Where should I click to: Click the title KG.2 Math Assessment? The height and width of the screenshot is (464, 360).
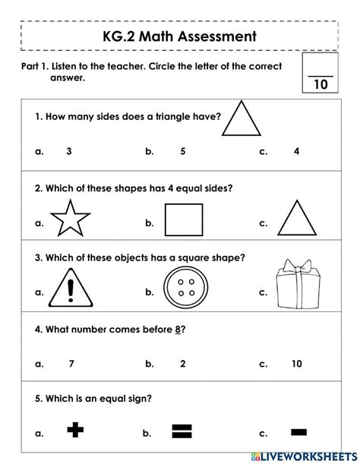(x=180, y=36)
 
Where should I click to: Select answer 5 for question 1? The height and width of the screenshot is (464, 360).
(x=182, y=151)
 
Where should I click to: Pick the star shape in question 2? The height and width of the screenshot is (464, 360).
(x=70, y=221)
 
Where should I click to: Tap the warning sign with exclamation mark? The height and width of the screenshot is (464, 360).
(x=71, y=291)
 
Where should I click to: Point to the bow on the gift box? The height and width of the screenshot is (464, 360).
(x=296, y=267)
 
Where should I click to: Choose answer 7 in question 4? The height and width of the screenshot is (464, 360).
(x=71, y=364)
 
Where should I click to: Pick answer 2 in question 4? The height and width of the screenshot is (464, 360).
(x=182, y=364)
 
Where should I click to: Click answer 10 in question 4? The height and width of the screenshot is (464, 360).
(x=296, y=364)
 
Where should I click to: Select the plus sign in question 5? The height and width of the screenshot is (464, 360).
(x=74, y=432)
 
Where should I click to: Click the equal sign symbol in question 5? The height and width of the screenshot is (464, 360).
(x=180, y=432)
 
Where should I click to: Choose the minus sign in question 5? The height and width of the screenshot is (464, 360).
(x=298, y=432)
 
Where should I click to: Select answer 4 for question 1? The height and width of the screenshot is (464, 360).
(x=296, y=151)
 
